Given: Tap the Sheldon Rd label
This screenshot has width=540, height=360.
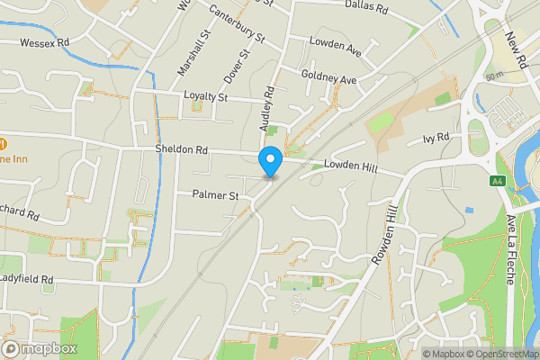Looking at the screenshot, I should click(182, 150).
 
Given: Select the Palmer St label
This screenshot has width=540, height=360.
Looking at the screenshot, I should click(215, 194).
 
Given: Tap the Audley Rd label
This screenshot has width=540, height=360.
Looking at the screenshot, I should click(266, 111).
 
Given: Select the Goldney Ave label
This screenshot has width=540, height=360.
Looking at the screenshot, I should click(329, 78).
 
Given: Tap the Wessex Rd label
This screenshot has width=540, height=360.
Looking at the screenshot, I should click(44, 42).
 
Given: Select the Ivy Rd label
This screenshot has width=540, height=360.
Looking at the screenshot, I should click(435, 139).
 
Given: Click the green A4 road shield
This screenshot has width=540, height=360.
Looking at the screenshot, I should click(497, 182).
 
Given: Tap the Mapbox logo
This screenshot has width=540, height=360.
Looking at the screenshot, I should click(38, 348).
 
